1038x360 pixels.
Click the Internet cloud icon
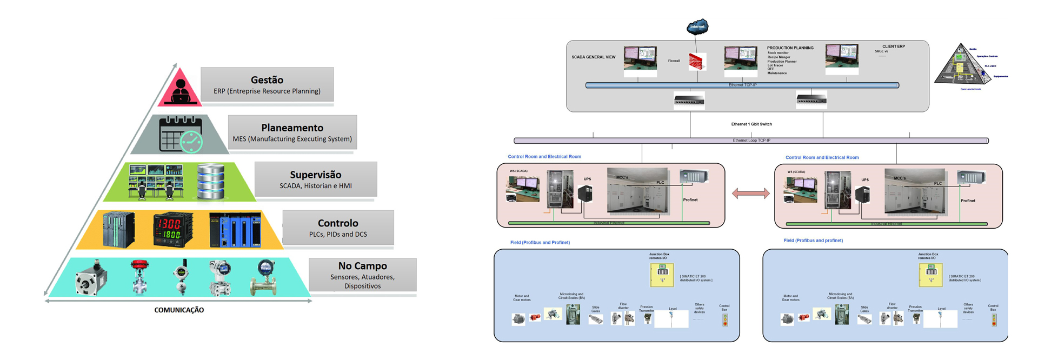tap(697, 26)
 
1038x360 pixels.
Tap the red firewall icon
tap(697, 62)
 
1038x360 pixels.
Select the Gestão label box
tap(267, 84)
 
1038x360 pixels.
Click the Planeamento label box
tap(292, 132)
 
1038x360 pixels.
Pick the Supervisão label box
tap(316, 179)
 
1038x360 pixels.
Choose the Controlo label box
tap(338, 228)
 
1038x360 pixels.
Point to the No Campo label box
tap(362, 275)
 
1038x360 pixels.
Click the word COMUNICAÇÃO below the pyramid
tap(179, 310)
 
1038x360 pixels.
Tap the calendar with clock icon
tap(181, 134)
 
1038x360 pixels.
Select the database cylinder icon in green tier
tap(210, 182)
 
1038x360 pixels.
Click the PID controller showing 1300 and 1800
tap(173, 230)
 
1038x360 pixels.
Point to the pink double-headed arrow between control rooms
tap(750, 194)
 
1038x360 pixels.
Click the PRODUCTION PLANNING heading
tap(790, 48)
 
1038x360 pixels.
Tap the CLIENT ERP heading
tap(893, 46)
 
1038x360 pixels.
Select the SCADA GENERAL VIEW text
tap(593, 57)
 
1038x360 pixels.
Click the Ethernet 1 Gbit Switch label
tap(751, 124)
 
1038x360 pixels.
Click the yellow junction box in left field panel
tap(662, 275)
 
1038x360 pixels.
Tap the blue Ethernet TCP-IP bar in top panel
tap(742, 85)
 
